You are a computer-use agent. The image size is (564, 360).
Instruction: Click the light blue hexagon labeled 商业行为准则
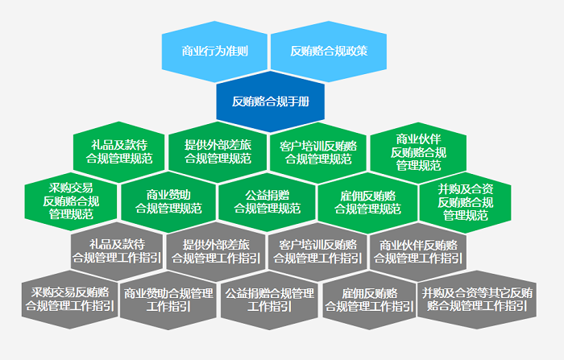(x=215, y=51)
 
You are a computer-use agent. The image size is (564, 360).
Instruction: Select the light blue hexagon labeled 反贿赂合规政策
(x=324, y=51)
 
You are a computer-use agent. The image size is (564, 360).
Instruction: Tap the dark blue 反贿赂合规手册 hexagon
(x=270, y=101)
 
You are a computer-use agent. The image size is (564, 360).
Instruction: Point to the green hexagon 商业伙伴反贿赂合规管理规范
(x=418, y=151)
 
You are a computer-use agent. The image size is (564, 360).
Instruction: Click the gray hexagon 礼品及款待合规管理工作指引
(x=117, y=251)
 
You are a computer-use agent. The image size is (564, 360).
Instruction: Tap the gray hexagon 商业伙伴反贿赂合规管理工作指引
(x=418, y=251)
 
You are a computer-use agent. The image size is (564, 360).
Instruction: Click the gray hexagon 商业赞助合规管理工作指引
(x=168, y=300)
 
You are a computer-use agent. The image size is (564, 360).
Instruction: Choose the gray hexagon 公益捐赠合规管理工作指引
(x=269, y=300)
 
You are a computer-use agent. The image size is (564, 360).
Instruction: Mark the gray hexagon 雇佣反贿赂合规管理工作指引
(x=369, y=300)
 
